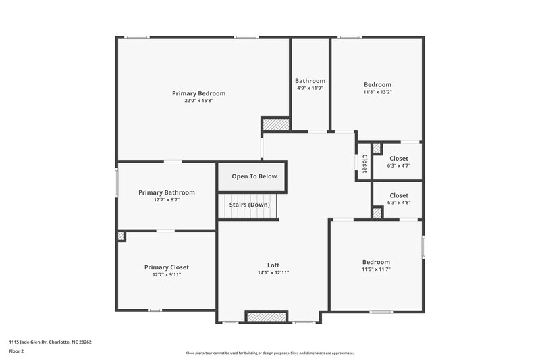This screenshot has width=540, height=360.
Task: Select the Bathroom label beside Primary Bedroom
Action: tap(310, 81)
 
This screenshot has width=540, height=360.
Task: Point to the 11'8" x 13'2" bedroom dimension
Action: tap(377, 92)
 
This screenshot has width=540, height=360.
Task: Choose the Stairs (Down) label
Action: tap(250, 205)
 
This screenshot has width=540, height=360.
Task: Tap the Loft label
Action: tap(273, 265)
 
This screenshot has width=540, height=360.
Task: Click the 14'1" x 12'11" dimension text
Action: tap(273, 272)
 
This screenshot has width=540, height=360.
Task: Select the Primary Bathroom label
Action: tap(167, 192)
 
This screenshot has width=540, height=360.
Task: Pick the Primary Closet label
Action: tap(167, 267)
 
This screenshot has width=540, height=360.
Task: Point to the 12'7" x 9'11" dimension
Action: tap(167, 275)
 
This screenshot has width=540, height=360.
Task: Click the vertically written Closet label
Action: tap(364, 163)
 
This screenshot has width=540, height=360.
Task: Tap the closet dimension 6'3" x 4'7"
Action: tap(399, 165)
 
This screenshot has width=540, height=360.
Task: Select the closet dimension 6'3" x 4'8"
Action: tap(399, 203)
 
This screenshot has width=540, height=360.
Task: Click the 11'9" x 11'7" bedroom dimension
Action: tap(376, 269)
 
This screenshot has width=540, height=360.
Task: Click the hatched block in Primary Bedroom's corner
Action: tap(275, 124)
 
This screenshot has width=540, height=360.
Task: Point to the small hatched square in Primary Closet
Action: tap(121, 236)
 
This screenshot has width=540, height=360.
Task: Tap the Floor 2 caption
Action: tap(17, 351)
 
